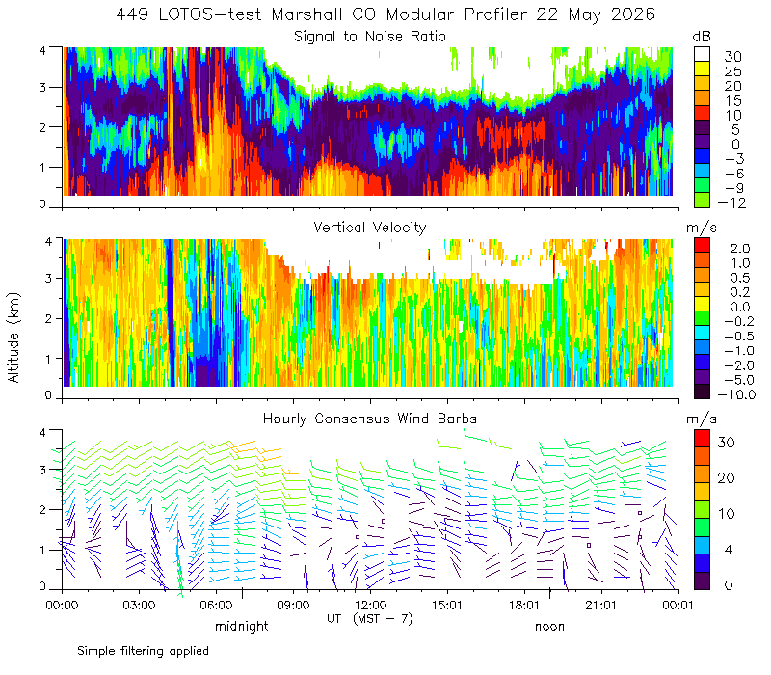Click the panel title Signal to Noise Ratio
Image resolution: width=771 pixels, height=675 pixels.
click(370, 37)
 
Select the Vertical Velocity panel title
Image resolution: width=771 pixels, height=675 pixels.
click(370, 228)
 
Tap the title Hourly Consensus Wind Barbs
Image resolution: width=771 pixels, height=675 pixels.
click(370, 418)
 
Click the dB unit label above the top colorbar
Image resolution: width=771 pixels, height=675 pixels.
click(702, 37)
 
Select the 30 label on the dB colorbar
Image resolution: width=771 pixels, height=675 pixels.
click(732, 57)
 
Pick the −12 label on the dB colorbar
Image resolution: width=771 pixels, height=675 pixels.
click(731, 202)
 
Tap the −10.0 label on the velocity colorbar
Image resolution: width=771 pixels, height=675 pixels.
click(736, 394)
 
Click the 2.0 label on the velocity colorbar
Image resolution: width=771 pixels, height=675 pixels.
click(740, 249)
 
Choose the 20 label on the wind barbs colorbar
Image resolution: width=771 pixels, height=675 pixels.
click(727, 478)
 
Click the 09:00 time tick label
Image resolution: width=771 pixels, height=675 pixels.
click(293, 605)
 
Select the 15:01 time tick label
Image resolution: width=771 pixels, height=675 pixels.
click(447, 605)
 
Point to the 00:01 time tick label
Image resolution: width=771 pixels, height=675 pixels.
click(678, 605)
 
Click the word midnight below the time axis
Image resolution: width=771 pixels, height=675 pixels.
click(242, 626)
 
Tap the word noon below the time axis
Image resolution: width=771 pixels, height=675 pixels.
click(549, 626)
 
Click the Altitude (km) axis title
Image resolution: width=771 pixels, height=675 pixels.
click(13, 337)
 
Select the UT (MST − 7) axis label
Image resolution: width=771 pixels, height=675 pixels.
click(370, 618)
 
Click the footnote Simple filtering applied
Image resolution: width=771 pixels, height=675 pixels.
click(143, 652)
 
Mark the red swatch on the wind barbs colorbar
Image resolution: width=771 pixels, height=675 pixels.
click(702, 439)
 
